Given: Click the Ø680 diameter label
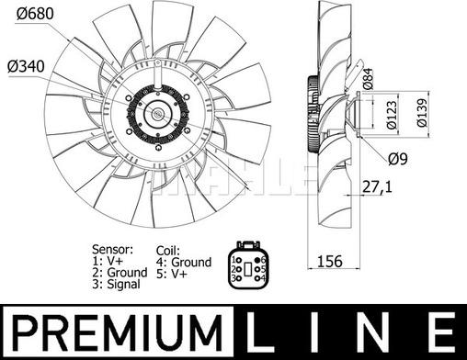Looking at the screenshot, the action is [x=35, y=14].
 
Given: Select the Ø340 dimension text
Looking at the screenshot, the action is [x=26, y=66].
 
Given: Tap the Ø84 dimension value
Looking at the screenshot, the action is [x=368, y=78].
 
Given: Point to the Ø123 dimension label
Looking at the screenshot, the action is [x=392, y=114].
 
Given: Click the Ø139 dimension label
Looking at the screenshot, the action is [x=422, y=112].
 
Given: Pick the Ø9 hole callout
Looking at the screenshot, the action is [x=398, y=159].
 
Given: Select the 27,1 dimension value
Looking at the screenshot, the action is [x=377, y=186].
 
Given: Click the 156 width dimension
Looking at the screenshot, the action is [x=329, y=261].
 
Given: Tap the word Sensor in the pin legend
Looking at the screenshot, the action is [x=112, y=249].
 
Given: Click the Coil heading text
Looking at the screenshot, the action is [x=167, y=251].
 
